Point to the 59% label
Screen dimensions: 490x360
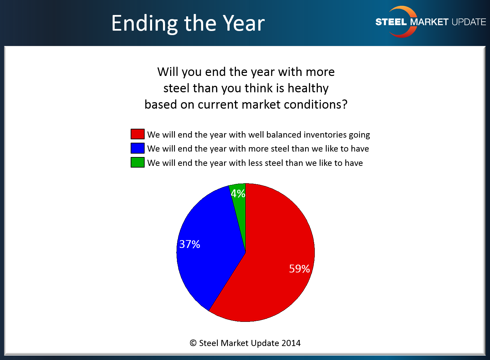[x=299, y=269]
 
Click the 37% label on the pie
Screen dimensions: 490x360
[x=190, y=244]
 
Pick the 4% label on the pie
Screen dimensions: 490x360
[x=238, y=193]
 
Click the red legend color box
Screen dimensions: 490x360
[x=137, y=134]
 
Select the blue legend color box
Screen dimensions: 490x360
[x=137, y=148]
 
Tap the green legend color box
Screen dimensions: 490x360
[x=137, y=162]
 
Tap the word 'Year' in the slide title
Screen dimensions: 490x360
[x=244, y=23]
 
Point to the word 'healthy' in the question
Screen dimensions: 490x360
[x=308, y=89]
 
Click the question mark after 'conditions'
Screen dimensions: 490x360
[x=344, y=104]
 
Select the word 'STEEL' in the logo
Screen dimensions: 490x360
[x=391, y=22]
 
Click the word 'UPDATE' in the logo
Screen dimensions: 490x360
[x=469, y=22]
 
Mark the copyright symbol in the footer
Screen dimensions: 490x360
[x=193, y=343]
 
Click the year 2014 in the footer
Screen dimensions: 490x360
[x=291, y=343]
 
